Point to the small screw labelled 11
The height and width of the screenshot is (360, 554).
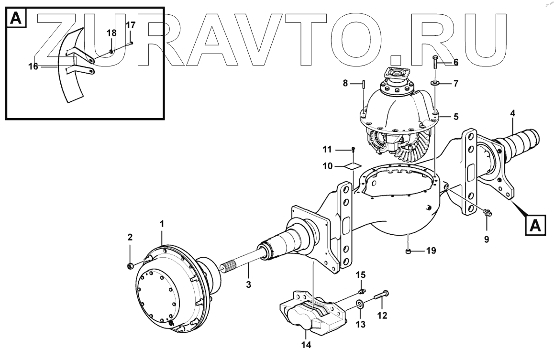[x=353, y=150]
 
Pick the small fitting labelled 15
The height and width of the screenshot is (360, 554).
[x=362, y=290]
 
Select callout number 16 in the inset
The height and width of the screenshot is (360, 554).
[x=33, y=66]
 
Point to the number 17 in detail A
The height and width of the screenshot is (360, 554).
[x=130, y=24]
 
